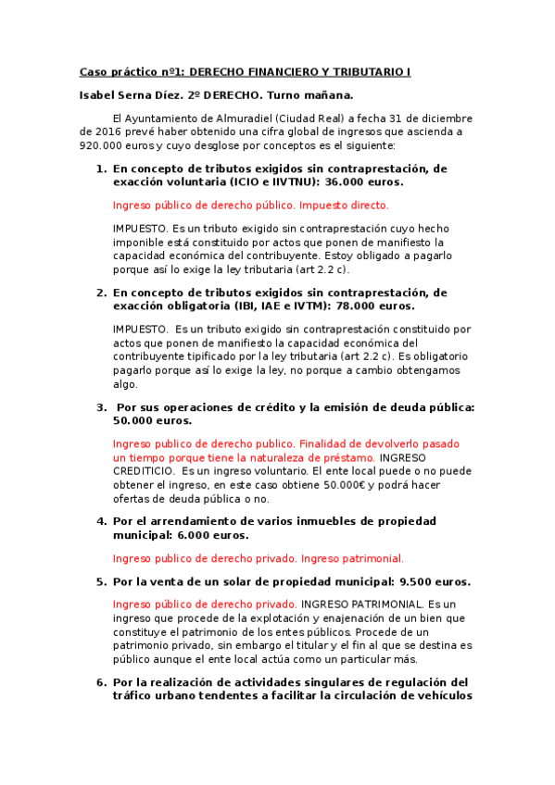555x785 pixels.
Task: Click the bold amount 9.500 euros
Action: tap(435, 581)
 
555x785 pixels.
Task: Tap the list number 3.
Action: tap(101, 406)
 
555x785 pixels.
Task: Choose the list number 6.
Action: tap(101, 682)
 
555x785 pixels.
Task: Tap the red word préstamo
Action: tap(347, 457)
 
